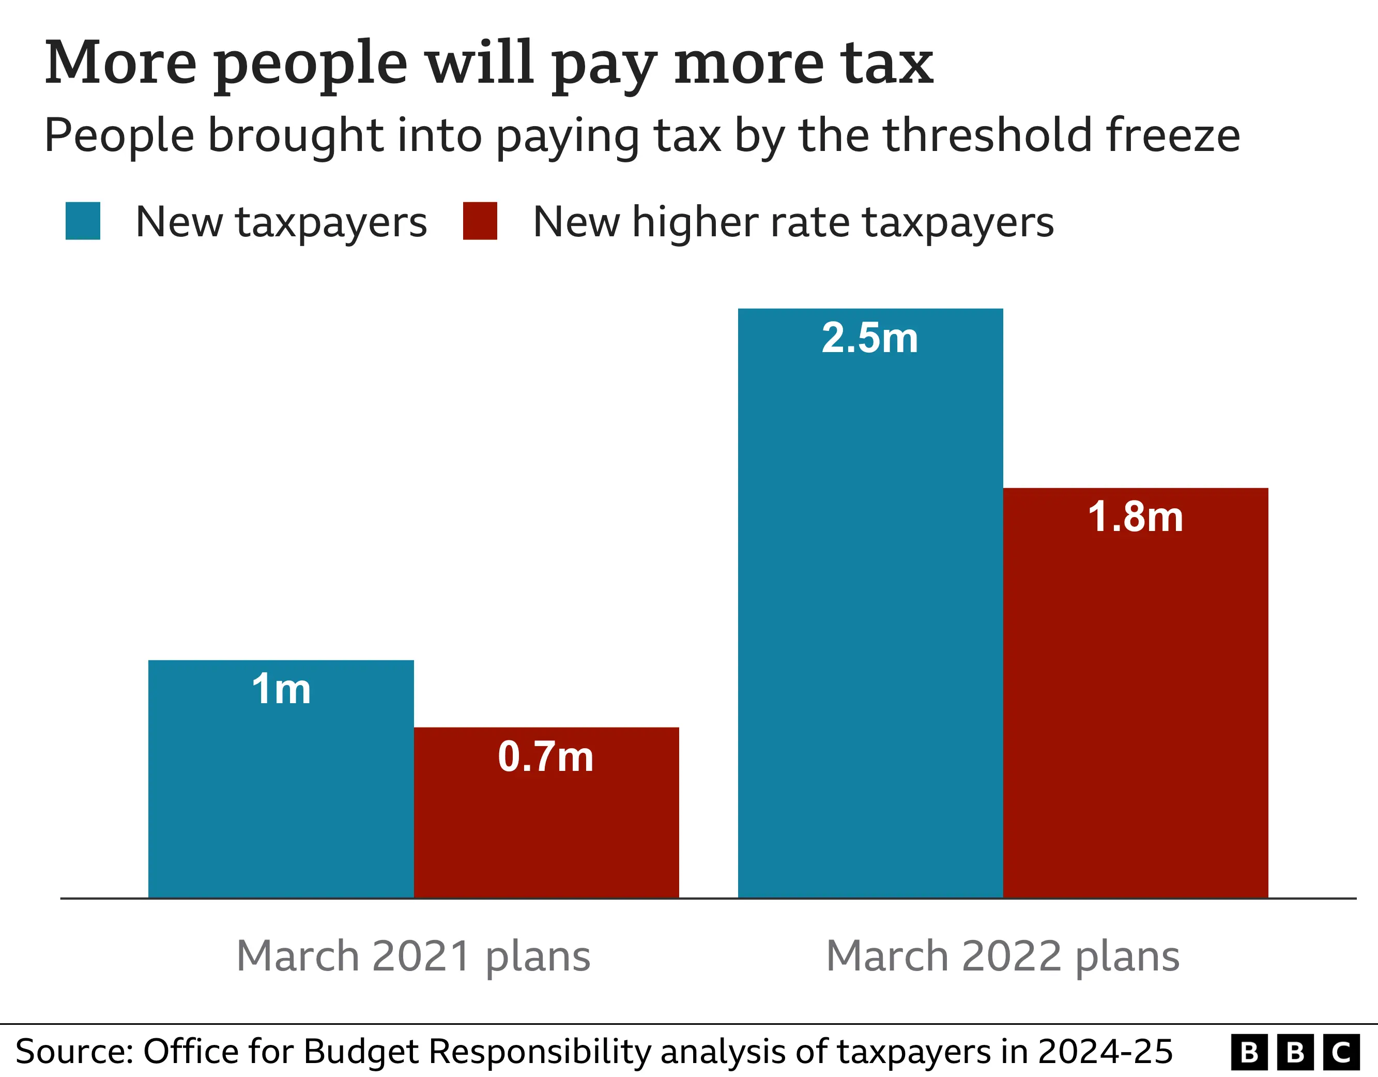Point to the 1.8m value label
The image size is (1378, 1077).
1136,517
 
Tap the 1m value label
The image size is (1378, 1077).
281,689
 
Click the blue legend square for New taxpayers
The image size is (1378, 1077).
83,221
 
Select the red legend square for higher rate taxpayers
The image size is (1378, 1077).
480,221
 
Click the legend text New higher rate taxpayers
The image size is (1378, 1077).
793,222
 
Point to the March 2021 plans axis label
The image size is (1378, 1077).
414,957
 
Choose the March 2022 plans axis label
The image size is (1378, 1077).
1003,957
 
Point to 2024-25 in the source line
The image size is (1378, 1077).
1105,1052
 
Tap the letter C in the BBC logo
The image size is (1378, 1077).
1341,1052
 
